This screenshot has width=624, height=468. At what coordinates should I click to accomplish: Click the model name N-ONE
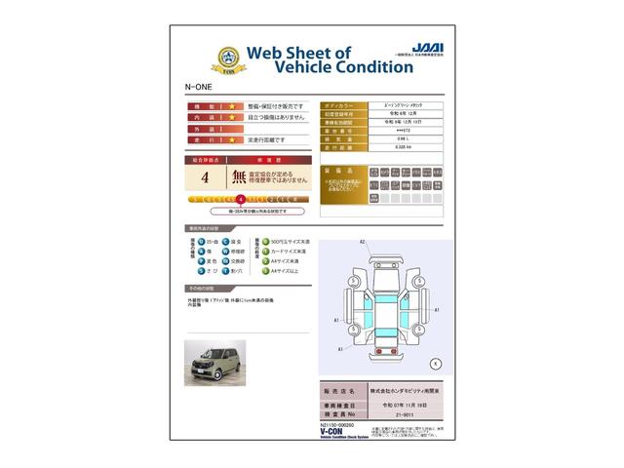coord(198,87)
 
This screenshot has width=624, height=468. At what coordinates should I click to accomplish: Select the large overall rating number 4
coord(204,177)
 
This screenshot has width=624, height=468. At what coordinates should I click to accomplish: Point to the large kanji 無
coord(240,177)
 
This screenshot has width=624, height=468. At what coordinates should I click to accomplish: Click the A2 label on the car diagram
coord(362,241)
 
